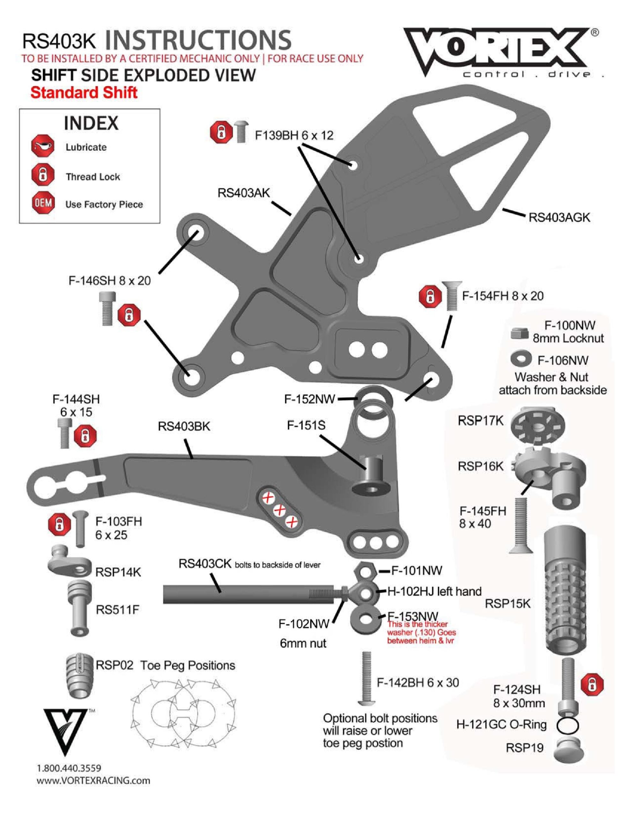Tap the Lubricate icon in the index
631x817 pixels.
click(43, 146)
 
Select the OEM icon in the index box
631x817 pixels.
click(43, 203)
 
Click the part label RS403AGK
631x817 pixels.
click(559, 217)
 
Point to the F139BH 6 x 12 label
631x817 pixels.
click(294, 135)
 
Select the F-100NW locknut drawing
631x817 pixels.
click(519, 333)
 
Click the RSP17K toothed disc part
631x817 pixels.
click(537, 425)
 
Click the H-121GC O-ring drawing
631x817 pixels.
click(568, 726)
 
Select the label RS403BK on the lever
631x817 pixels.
click(184, 426)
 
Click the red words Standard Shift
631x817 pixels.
click(84, 93)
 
